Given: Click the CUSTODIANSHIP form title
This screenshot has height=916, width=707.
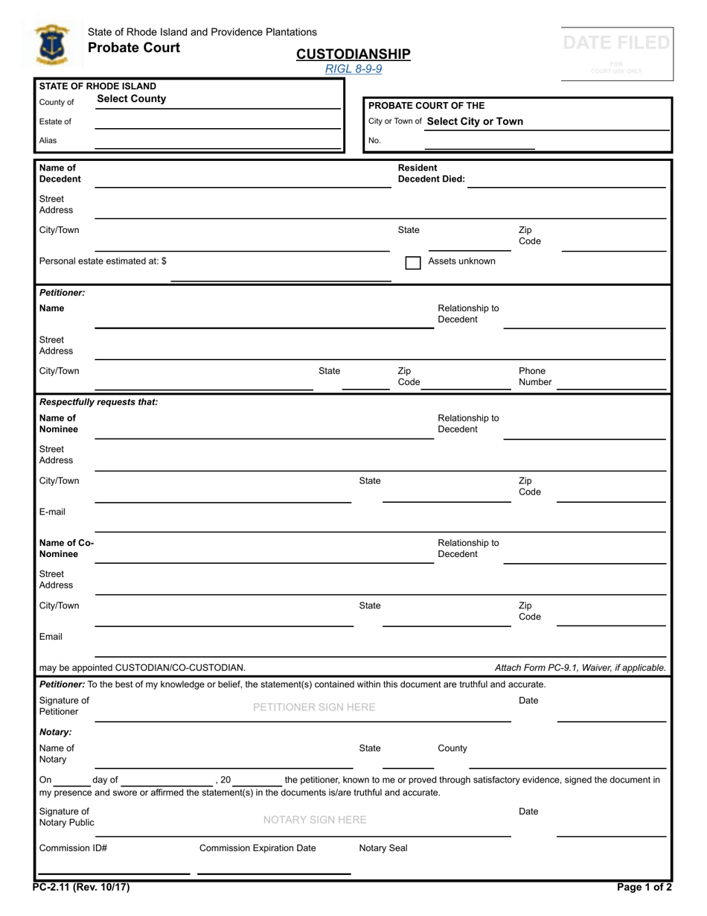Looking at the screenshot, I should coord(353,54).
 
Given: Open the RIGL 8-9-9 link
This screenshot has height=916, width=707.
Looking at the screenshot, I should coord(353,69).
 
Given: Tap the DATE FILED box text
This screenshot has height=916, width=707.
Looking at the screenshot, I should coord(616,44).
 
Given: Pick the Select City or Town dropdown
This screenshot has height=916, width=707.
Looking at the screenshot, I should coord(475,121).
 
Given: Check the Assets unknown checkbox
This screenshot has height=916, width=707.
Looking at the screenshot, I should coord(413,262).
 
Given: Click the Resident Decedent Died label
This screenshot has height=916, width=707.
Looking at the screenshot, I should coord(431,174).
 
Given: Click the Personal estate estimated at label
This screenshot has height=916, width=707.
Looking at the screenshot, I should coord(103,261).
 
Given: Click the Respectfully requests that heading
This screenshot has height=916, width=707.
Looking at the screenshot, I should coord(98,402).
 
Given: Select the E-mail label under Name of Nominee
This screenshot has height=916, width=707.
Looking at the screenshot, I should coord(52,512).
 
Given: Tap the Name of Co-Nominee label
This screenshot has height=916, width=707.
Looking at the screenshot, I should coord(66,548).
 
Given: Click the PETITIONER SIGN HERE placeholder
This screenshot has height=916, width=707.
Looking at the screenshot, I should coord(314,707).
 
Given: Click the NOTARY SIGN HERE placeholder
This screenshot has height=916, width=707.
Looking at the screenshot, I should coord(315,820).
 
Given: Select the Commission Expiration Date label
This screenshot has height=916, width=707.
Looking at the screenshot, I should coord(257,848).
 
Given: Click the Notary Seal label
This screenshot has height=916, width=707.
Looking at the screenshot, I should coord(383,848).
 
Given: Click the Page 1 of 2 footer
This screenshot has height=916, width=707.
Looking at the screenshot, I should coord(644,887).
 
